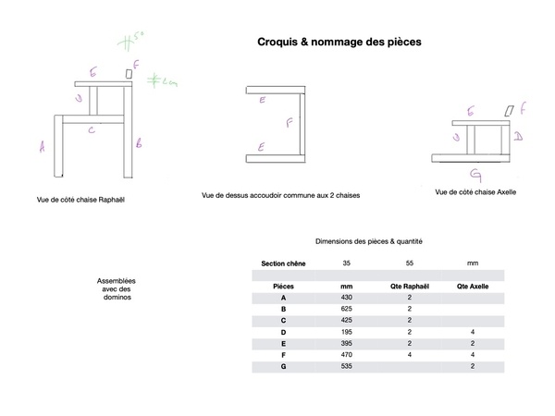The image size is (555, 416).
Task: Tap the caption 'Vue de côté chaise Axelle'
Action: (x=475, y=192)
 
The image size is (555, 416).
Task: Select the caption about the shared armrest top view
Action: (x=280, y=195)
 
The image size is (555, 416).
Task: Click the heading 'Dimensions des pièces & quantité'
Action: (x=368, y=241)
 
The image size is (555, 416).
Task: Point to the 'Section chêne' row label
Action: (x=283, y=263)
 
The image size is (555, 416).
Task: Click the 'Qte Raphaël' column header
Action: (x=408, y=287)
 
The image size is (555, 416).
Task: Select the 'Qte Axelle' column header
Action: (x=472, y=287)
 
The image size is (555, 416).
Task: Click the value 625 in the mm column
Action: (x=347, y=309)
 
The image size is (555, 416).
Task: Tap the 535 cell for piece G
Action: (x=347, y=367)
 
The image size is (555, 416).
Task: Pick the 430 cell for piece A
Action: (x=347, y=298)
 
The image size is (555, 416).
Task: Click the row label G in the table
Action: (x=283, y=367)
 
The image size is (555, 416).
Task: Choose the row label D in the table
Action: (x=283, y=332)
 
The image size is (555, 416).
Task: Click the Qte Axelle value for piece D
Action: (x=472, y=332)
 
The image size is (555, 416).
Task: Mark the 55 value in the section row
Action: (x=408, y=263)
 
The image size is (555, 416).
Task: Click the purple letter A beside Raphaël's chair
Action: (x=42, y=144)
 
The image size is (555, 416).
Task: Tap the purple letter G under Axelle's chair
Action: (x=475, y=172)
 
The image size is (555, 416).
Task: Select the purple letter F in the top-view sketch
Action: (x=289, y=121)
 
